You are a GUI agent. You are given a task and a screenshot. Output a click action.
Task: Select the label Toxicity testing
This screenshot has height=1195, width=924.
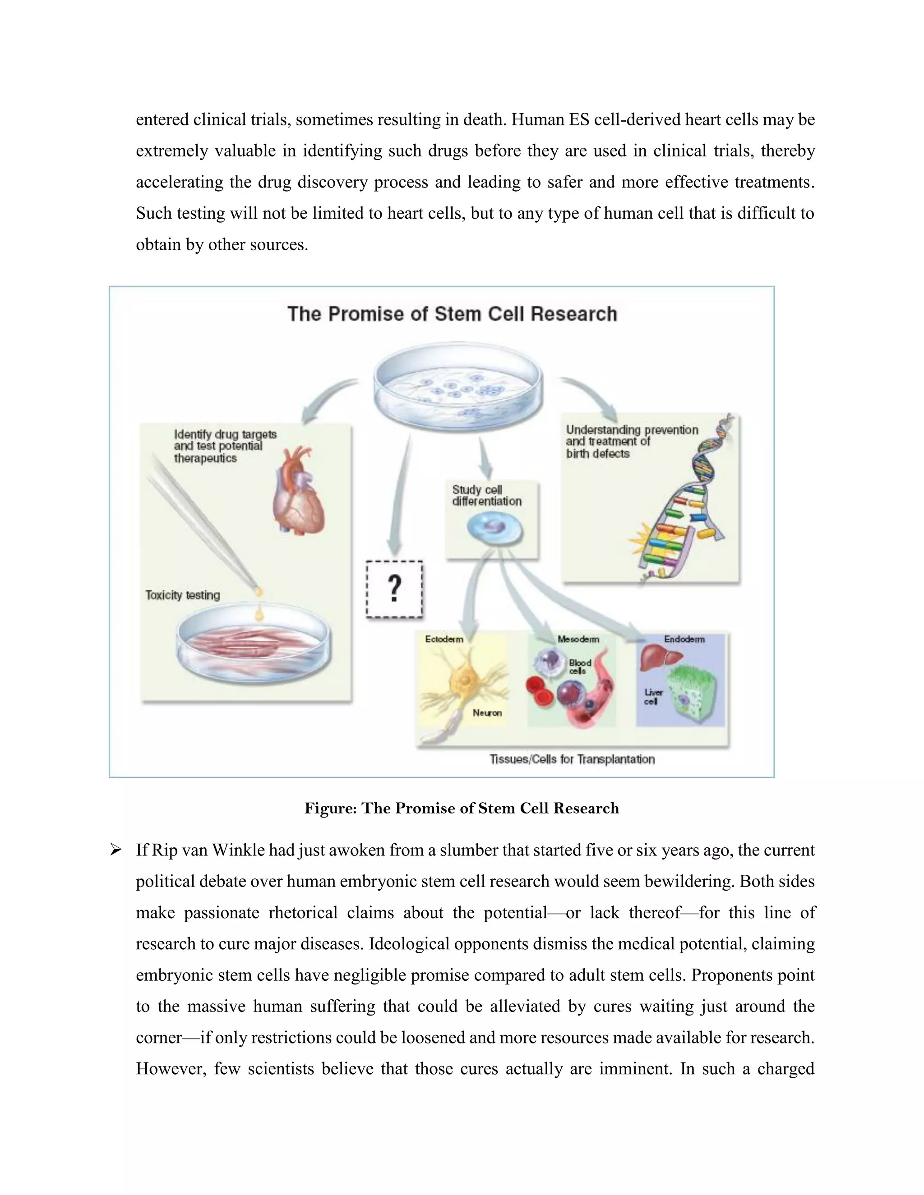click(183, 595)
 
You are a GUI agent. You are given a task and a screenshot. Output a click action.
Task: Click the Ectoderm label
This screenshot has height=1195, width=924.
click(444, 639)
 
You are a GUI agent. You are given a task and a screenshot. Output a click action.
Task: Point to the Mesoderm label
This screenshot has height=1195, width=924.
click(578, 639)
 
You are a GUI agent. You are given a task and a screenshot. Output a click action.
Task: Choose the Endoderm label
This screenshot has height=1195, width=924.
click(684, 639)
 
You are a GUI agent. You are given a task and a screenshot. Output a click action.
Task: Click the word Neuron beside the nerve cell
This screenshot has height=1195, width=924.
click(487, 712)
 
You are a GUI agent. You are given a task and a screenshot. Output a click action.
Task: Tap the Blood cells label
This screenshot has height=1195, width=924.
click(580, 666)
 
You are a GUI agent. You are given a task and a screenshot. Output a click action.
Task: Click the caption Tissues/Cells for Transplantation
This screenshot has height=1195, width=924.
click(572, 759)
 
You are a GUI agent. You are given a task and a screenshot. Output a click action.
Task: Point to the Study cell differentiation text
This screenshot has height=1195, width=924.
click(486, 495)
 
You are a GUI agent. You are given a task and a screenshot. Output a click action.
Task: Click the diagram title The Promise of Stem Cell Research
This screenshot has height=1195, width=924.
click(452, 313)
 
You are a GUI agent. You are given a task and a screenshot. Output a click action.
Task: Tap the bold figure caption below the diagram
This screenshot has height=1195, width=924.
click(462, 808)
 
